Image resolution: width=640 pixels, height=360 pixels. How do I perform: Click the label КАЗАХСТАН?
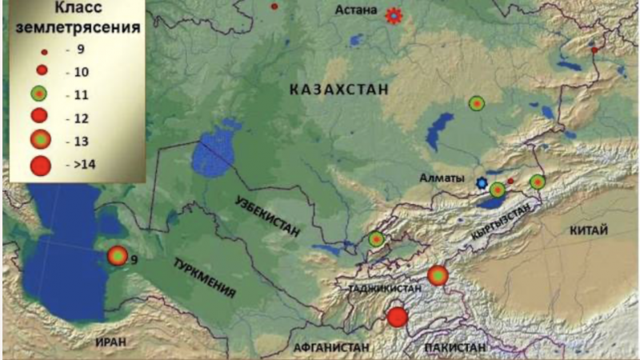tap(339, 90)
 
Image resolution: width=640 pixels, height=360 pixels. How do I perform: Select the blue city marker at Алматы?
tap(481, 183)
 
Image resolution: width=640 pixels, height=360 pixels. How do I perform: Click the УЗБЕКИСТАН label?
tap(268, 216)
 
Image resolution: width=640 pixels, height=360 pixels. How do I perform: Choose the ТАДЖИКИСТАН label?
tap(380, 286)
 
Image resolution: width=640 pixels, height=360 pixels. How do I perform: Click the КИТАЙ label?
tap(588, 230)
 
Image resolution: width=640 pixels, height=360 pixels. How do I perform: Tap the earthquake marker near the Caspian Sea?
tap(118, 255)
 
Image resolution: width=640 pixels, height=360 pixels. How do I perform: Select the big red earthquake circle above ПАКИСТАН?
tap(398, 317)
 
